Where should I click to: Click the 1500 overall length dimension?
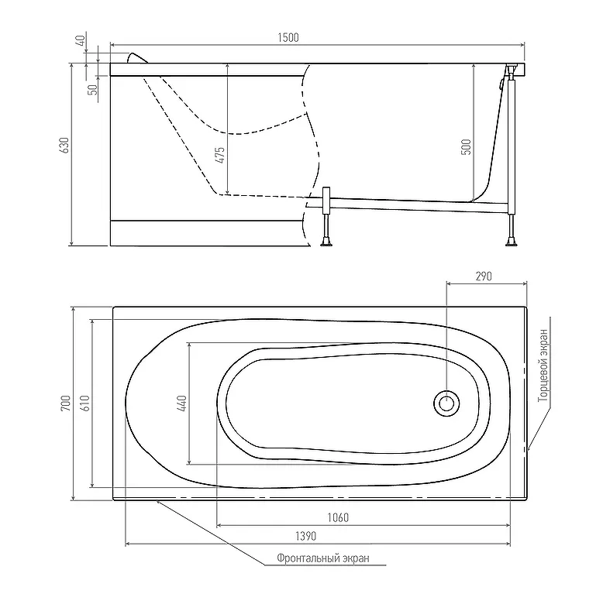click(288, 38)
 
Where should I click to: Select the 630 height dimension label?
click(64, 146)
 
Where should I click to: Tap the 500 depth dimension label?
click(466, 147)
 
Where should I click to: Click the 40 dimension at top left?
click(81, 40)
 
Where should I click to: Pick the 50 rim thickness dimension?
click(93, 90)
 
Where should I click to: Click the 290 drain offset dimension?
click(484, 276)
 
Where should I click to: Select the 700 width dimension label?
click(65, 403)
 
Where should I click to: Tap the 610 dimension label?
click(85, 403)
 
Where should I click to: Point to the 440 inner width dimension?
click(181, 403)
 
